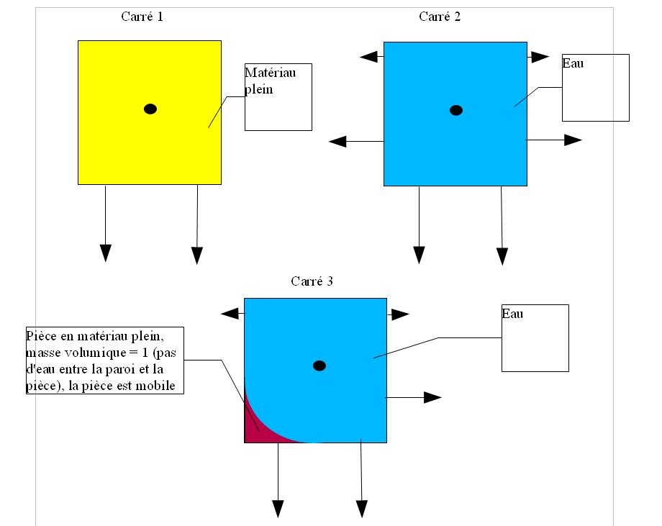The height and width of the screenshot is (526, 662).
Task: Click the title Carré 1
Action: point(142,17)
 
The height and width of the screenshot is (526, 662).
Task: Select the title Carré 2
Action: point(440,17)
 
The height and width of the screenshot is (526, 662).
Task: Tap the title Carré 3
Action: point(312,281)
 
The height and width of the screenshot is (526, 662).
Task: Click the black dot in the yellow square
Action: point(150,109)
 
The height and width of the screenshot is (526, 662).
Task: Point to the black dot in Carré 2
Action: point(456,110)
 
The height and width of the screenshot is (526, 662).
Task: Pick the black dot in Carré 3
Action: point(319,366)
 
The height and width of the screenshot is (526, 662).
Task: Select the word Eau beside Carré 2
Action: point(573,63)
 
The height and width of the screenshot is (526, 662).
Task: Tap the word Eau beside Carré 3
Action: point(512,314)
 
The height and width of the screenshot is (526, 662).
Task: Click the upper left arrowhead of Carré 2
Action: point(368,57)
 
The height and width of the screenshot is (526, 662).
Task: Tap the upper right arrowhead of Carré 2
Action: point(540,57)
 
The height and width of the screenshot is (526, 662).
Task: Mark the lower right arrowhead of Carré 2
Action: point(573,140)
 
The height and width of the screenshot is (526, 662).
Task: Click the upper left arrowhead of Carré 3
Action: point(230,314)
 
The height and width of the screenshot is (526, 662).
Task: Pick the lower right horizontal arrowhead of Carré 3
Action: point(432,397)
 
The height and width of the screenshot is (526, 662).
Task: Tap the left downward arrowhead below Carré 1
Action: point(106,253)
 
